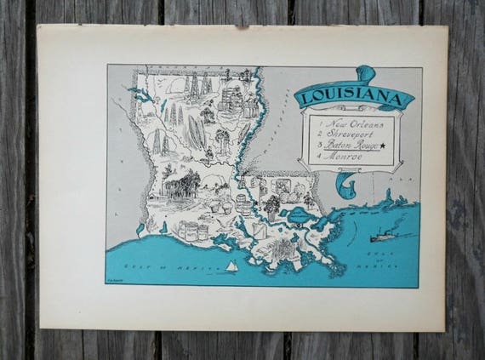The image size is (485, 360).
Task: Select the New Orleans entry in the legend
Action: (348, 124)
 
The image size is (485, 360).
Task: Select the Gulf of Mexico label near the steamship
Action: (385, 257)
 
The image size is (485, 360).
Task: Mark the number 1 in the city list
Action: (316, 125)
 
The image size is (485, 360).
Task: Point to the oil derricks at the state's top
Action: (195, 83)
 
